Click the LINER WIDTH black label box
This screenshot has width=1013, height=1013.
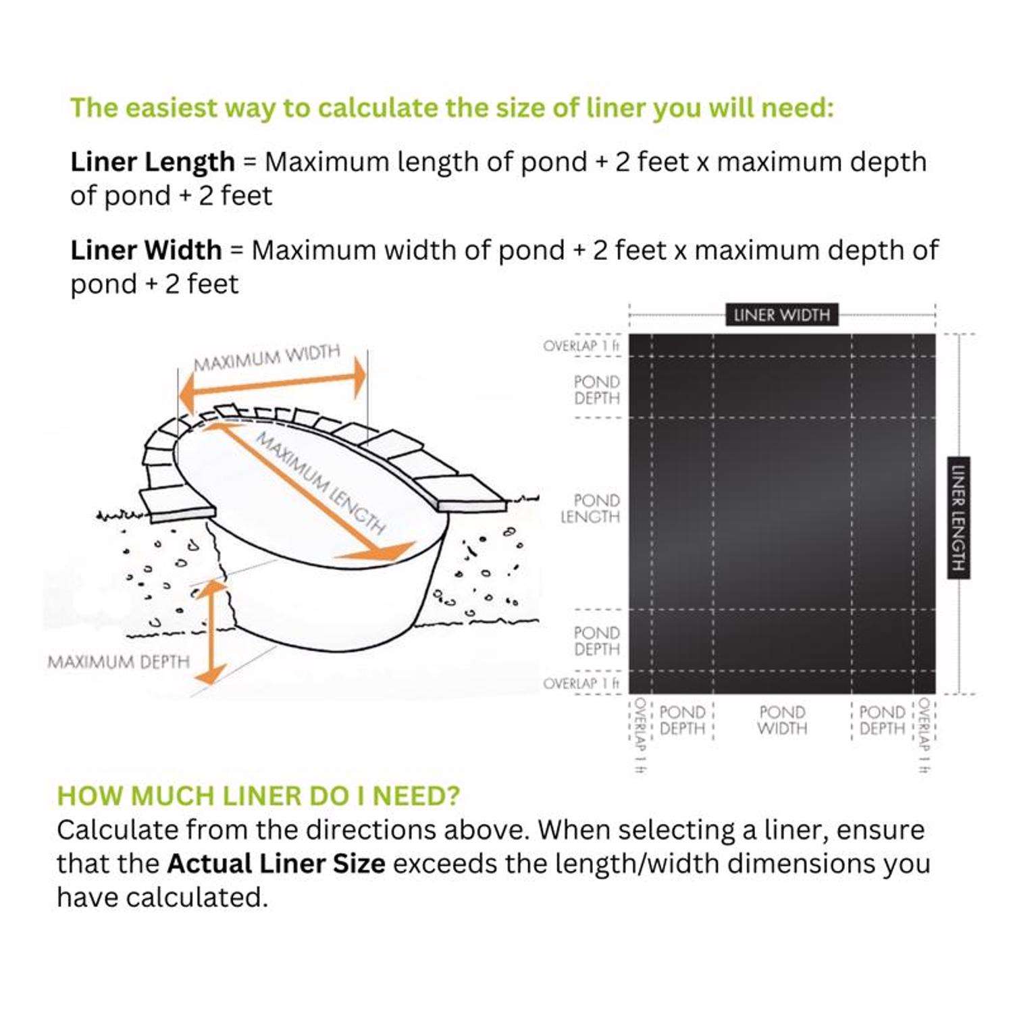781,315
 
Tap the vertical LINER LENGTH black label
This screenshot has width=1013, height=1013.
958,518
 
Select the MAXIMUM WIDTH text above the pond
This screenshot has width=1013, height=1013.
267,358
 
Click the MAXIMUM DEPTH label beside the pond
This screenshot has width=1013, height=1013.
119,662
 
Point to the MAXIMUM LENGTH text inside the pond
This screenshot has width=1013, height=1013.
320,484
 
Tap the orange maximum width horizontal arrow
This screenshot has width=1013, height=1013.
273,384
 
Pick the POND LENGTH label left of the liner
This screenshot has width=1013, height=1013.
590,509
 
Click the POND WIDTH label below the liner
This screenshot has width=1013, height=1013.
782,721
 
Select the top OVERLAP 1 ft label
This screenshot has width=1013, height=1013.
581,346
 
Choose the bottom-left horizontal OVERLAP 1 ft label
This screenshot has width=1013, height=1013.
581,683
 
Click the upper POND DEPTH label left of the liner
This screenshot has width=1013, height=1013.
597,390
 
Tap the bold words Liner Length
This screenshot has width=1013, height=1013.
153,162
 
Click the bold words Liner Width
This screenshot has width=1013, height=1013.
146,251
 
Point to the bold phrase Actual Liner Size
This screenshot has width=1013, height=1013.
276,864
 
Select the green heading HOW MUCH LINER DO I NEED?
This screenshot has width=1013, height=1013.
259,796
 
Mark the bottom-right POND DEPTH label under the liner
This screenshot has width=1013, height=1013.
882,721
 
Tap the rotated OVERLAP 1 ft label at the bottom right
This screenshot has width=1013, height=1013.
925,735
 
